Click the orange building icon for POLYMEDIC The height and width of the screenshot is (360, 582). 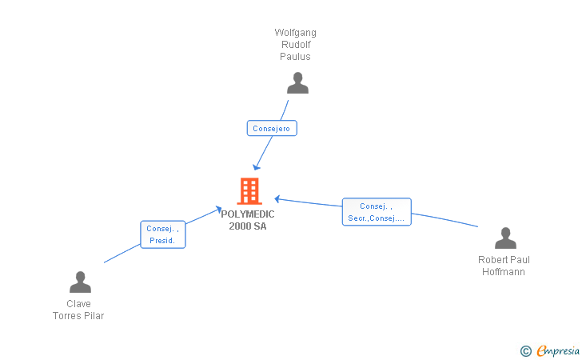pyautogui.click(x=249, y=191)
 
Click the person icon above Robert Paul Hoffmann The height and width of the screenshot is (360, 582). pyautogui.click(x=505, y=238)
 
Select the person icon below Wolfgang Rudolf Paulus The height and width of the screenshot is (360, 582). pyautogui.click(x=297, y=83)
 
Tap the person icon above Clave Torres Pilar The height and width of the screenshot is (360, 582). pyautogui.click(x=80, y=282)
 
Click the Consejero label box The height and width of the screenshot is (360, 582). pyautogui.click(x=272, y=128)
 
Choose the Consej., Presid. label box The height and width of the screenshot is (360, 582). pyautogui.click(x=163, y=234)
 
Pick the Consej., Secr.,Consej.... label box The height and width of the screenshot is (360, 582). pyautogui.click(x=377, y=212)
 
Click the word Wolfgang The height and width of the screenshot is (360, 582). pyautogui.click(x=296, y=33)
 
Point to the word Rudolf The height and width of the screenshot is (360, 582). pyautogui.click(x=296, y=45)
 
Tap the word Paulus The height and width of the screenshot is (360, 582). pyautogui.click(x=296, y=57)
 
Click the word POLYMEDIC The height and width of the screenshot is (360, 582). pyautogui.click(x=248, y=214)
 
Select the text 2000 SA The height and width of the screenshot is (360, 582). pyautogui.click(x=248, y=226)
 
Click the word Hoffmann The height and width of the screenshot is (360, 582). pyautogui.click(x=504, y=272)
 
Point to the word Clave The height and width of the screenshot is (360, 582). pyautogui.click(x=78, y=304)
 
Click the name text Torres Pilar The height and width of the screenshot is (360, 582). pyautogui.click(x=78, y=316)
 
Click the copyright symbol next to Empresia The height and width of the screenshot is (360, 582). pyautogui.click(x=525, y=350)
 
